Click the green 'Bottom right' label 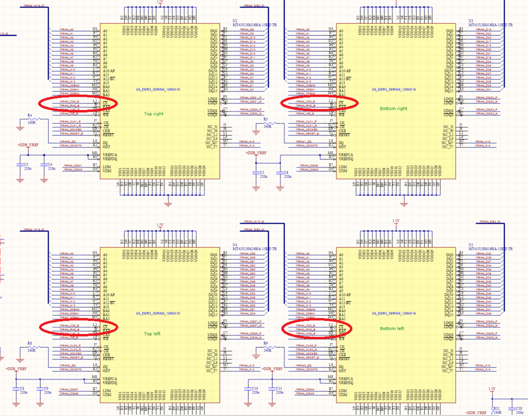(x=393, y=108)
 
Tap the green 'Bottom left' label (x=392, y=328)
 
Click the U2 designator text (x=227, y=22)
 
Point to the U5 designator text (x=470, y=245)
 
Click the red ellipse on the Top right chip (x=77, y=104)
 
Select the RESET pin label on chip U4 (x=109, y=357)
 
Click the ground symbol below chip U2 (x=168, y=203)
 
